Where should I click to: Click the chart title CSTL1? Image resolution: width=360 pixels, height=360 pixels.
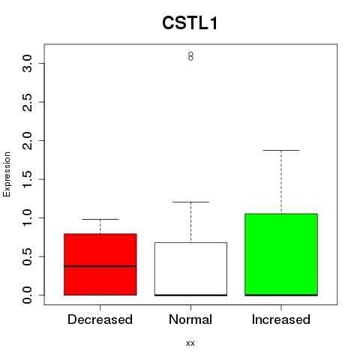[x=190, y=23]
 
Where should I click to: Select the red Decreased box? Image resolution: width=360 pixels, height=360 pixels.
[x=100, y=265]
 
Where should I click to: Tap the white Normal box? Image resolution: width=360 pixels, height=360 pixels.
[x=190, y=269]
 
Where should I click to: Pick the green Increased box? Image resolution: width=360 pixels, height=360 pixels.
[x=281, y=254]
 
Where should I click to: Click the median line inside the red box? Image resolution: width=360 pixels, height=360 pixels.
[x=100, y=266]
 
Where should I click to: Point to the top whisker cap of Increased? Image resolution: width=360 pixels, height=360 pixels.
[x=281, y=150]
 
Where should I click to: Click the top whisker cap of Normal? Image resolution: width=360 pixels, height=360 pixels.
[x=190, y=202]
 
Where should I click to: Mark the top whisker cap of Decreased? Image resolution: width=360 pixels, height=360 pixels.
[x=100, y=219]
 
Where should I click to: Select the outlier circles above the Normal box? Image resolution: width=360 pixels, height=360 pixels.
[x=190, y=56]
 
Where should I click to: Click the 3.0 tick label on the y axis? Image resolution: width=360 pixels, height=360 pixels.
[x=28, y=64]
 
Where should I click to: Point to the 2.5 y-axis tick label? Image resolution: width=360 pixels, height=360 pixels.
[x=28, y=102]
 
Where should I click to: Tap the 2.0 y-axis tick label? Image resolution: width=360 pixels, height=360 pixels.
[x=28, y=141]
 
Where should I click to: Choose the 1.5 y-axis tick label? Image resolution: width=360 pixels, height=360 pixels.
[x=28, y=179]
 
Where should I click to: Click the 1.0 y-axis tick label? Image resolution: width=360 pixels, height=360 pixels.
[x=28, y=218]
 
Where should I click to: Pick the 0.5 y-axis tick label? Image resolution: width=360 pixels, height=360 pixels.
[x=28, y=256]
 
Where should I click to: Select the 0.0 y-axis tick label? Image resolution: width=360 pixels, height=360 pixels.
[x=28, y=295]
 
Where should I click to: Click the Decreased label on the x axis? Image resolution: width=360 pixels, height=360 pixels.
[x=100, y=319]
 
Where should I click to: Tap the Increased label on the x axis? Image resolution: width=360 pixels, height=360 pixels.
[x=281, y=319]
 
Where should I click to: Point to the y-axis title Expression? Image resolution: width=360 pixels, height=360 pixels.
[x=7, y=174]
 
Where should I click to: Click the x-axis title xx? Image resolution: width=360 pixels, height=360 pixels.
[x=190, y=343]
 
